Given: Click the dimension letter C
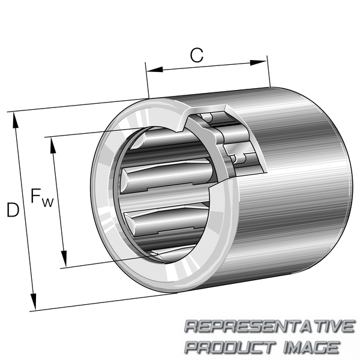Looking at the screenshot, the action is coord(197,55).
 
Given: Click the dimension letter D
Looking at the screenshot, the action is coord(13,209).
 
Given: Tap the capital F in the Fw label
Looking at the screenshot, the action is coord(35,196).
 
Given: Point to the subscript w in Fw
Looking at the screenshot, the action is coord(47,203).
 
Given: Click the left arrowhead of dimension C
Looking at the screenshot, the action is coord(155,70).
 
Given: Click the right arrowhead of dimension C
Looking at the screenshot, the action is coord(258,62).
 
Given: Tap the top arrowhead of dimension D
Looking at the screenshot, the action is coord(16,120).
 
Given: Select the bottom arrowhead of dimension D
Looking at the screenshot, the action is coord(34,301).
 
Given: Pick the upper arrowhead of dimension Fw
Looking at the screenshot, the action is coord(53,145).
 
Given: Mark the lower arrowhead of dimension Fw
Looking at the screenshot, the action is coord(64,259).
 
